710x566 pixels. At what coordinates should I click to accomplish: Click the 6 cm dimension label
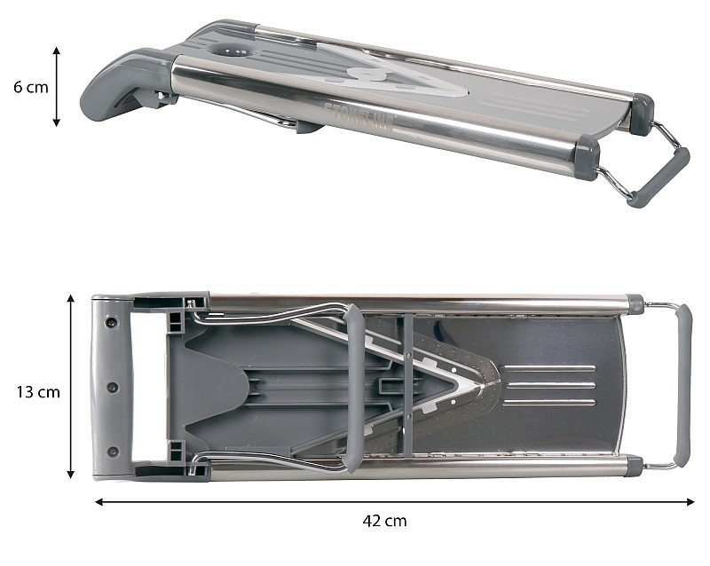tap(31, 86)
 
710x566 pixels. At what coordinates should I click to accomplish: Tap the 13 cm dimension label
tap(38, 391)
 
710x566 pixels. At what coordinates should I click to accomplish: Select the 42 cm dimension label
tap(384, 521)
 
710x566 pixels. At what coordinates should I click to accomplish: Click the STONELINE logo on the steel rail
tap(359, 117)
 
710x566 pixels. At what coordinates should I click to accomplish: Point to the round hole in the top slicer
tap(231, 51)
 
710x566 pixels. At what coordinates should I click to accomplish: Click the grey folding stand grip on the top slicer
tap(662, 176)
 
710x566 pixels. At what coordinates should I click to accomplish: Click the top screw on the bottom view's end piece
tap(111, 322)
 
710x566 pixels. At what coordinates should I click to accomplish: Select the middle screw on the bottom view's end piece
tap(113, 388)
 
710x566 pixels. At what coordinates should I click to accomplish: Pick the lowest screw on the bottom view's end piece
tap(113, 452)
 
